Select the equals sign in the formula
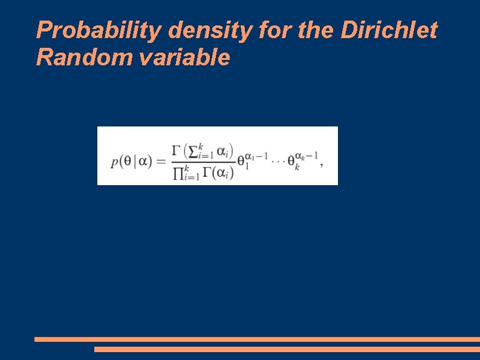[160, 162]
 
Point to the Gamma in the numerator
[177, 150]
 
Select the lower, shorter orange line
[287, 349]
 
